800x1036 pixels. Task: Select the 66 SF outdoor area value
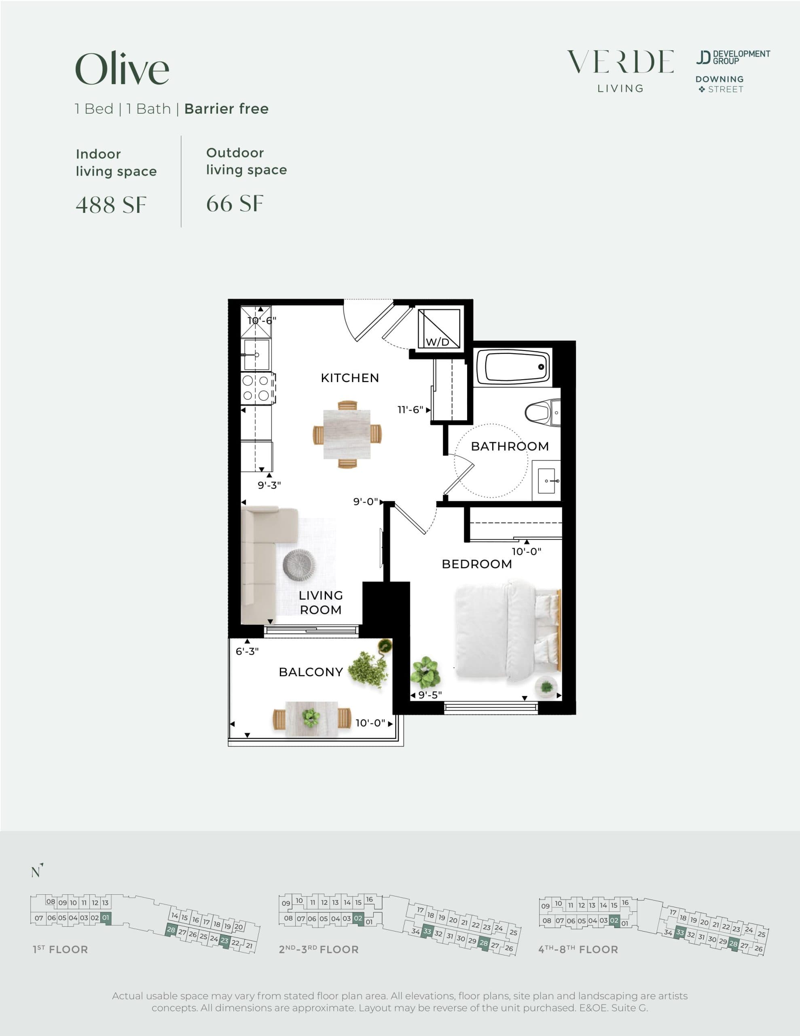tap(235, 204)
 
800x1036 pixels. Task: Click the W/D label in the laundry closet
tap(437, 342)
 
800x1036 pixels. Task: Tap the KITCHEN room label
tap(350, 378)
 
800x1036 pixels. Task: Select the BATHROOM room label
tap(510, 446)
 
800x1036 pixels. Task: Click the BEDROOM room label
tap(476, 564)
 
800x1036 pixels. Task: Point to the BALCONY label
tap(311, 672)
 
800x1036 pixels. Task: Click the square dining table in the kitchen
tap(347, 434)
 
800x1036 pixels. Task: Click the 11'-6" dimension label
tap(410, 410)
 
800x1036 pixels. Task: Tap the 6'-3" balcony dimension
tap(247, 651)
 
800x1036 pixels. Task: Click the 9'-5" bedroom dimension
tap(430, 695)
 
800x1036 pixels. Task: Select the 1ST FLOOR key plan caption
tap(60, 950)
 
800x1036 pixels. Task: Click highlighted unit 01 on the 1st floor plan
tap(106, 917)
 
